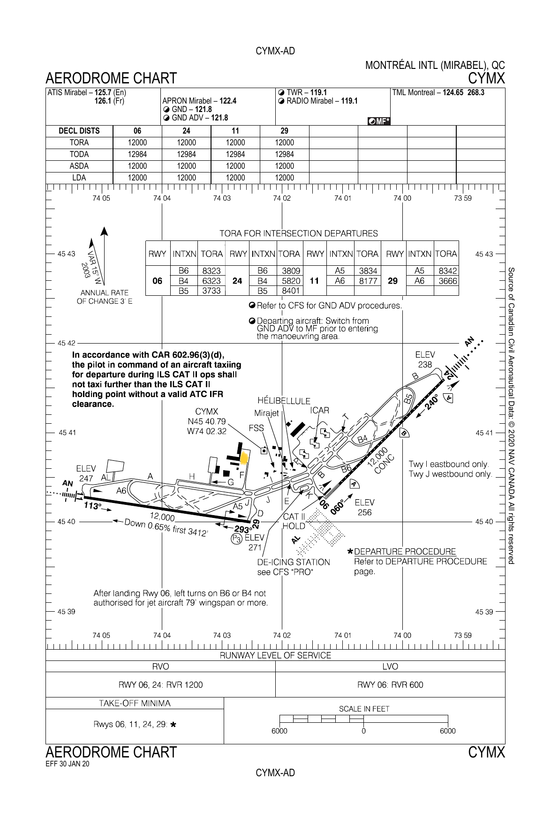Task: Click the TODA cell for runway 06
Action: click(137, 154)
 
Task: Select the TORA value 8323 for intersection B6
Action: click(211, 271)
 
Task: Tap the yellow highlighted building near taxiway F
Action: click(244, 458)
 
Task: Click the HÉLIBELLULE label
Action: click(284, 401)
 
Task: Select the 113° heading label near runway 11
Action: click(92, 506)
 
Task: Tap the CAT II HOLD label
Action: click(294, 521)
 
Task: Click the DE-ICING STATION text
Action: click(294, 562)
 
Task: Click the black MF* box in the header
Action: click(379, 121)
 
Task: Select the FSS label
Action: click(257, 428)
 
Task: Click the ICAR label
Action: click(319, 410)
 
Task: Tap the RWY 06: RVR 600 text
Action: click(390, 685)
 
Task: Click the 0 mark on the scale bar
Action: click(363, 731)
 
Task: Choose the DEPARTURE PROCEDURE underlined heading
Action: click(405, 552)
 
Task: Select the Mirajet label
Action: click(266, 413)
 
